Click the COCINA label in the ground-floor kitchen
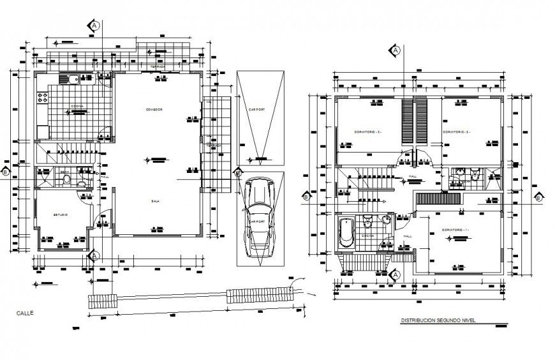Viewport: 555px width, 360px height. tap(76, 106)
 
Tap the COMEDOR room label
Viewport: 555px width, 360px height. tap(154, 110)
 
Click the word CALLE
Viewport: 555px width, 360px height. tap(26, 313)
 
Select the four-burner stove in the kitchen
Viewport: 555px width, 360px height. tap(43, 98)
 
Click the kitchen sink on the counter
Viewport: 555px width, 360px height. tap(70, 79)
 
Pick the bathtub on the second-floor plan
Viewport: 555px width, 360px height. tap(345, 232)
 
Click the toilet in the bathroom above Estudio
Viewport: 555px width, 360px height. tap(68, 181)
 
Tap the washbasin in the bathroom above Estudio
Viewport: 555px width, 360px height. tap(81, 184)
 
